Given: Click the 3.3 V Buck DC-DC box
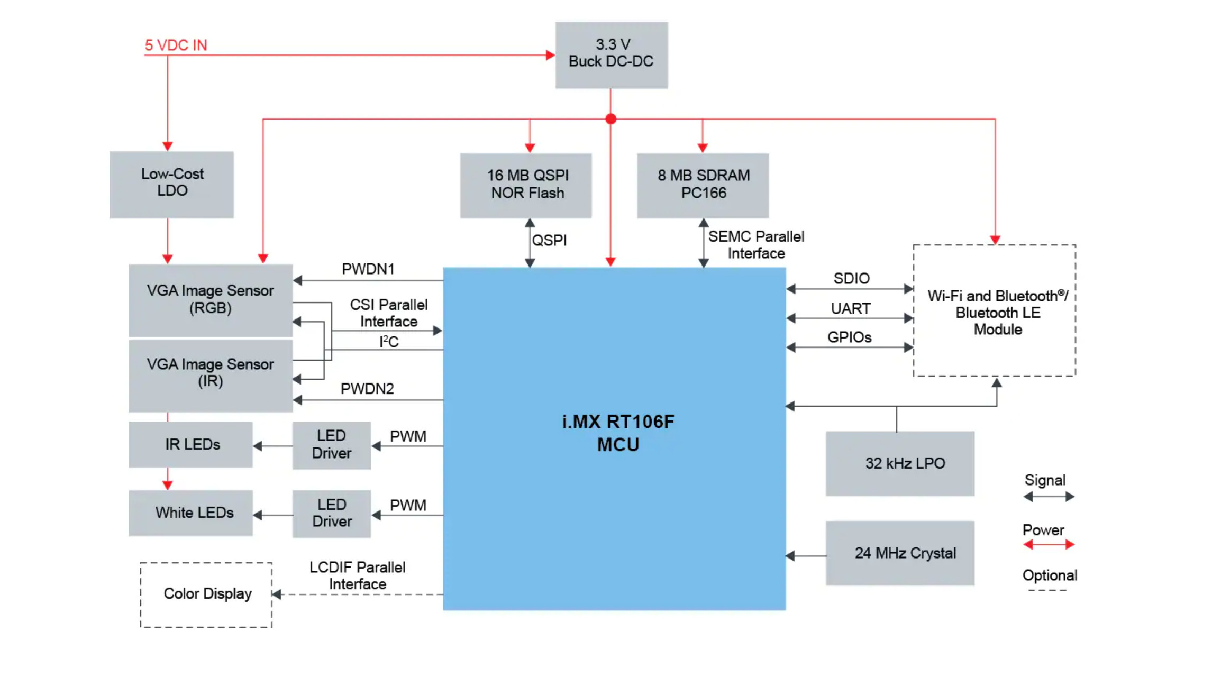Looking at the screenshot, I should point(611,54).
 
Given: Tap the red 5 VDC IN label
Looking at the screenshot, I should point(176,45).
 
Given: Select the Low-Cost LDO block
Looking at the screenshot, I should point(171,184).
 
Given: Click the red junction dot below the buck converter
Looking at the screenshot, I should point(610,119).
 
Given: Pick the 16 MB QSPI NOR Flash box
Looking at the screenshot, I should point(525,185).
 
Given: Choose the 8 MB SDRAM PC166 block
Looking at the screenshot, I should point(703,185).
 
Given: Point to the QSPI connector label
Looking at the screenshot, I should point(549,240).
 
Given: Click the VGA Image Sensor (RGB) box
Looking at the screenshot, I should point(210,299).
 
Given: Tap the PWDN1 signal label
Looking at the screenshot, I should point(368,269).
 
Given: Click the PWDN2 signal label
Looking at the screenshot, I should point(367,389).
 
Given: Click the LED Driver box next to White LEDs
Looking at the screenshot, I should point(331,513).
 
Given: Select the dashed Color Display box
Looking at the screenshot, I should point(206,594).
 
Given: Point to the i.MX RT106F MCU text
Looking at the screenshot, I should point(617,433).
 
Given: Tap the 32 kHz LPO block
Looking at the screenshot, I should point(899,463).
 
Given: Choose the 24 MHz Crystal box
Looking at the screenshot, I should point(899,553).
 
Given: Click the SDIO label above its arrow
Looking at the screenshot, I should point(851,278).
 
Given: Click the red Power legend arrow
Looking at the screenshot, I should point(1049,544).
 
